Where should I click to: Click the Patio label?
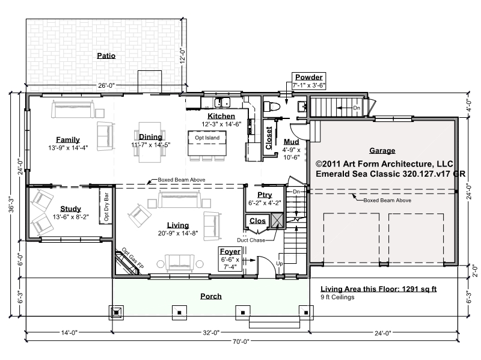click(106, 55)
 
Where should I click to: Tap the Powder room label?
click(308, 77)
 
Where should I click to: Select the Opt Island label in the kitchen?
click(207, 138)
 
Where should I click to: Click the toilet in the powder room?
click(272, 107)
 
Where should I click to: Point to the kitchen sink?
click(222, 102)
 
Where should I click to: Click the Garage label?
click(382, 150)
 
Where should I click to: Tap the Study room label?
click(70, 209)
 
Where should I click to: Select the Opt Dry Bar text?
click(106, 207)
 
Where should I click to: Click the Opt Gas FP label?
click(133, 258)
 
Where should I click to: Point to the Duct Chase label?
click(251, 240)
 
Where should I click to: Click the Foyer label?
click(230, 251)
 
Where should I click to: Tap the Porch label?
click(211, 296)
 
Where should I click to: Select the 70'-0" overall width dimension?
click(241, 341)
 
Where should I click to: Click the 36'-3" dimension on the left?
click(11, 204)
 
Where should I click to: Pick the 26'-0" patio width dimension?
click(106, 85)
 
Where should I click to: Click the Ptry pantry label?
click(265, 195)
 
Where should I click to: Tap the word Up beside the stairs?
click(280, 263)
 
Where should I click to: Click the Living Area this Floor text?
click(379, 289)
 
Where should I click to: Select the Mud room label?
click(291, 142)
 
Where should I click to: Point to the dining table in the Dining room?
click(150, 142)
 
